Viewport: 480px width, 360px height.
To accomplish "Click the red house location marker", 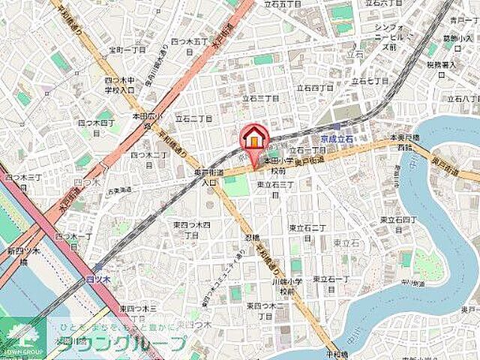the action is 255,139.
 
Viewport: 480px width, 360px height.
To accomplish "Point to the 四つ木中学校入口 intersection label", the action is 119,85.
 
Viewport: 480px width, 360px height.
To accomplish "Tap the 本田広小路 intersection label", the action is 145,118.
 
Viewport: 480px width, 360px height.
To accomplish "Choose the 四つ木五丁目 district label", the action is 188,42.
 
